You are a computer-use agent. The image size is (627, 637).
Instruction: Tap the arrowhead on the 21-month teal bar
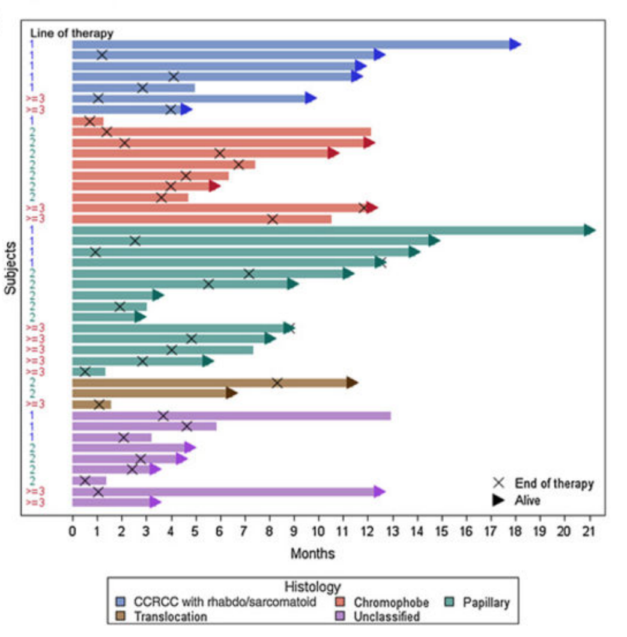pos(589,230)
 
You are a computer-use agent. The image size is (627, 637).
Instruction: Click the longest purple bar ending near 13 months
pos(231,415)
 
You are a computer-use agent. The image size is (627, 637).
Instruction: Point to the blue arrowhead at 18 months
pos(515,44)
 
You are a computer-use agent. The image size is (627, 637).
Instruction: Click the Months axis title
pos(312,553)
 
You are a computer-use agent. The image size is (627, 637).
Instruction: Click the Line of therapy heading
pos(71,33)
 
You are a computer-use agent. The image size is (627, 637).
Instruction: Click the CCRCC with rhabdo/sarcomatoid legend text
pos(225,602)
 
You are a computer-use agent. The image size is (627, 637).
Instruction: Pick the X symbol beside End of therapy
pos(498,483)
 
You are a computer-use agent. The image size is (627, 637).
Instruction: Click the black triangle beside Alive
pos(498,500)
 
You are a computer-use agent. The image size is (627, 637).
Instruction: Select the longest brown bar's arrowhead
pos(352,383)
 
